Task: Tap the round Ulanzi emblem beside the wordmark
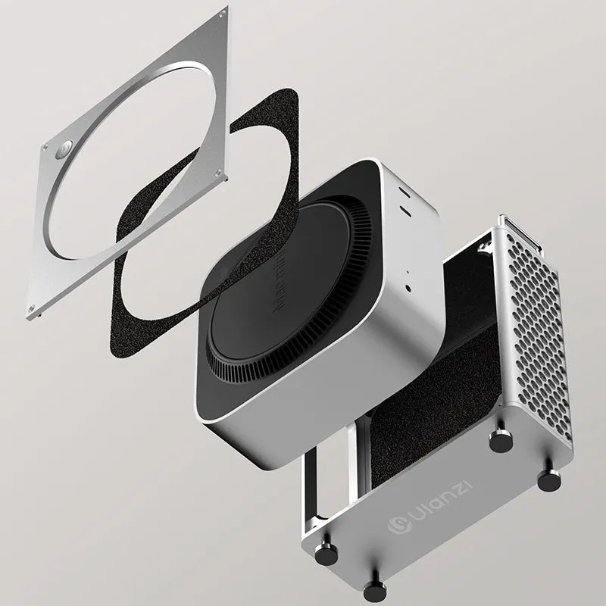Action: pos(395,525)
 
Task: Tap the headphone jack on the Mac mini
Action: pos(409,288)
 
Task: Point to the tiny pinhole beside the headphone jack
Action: pos(408,273)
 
